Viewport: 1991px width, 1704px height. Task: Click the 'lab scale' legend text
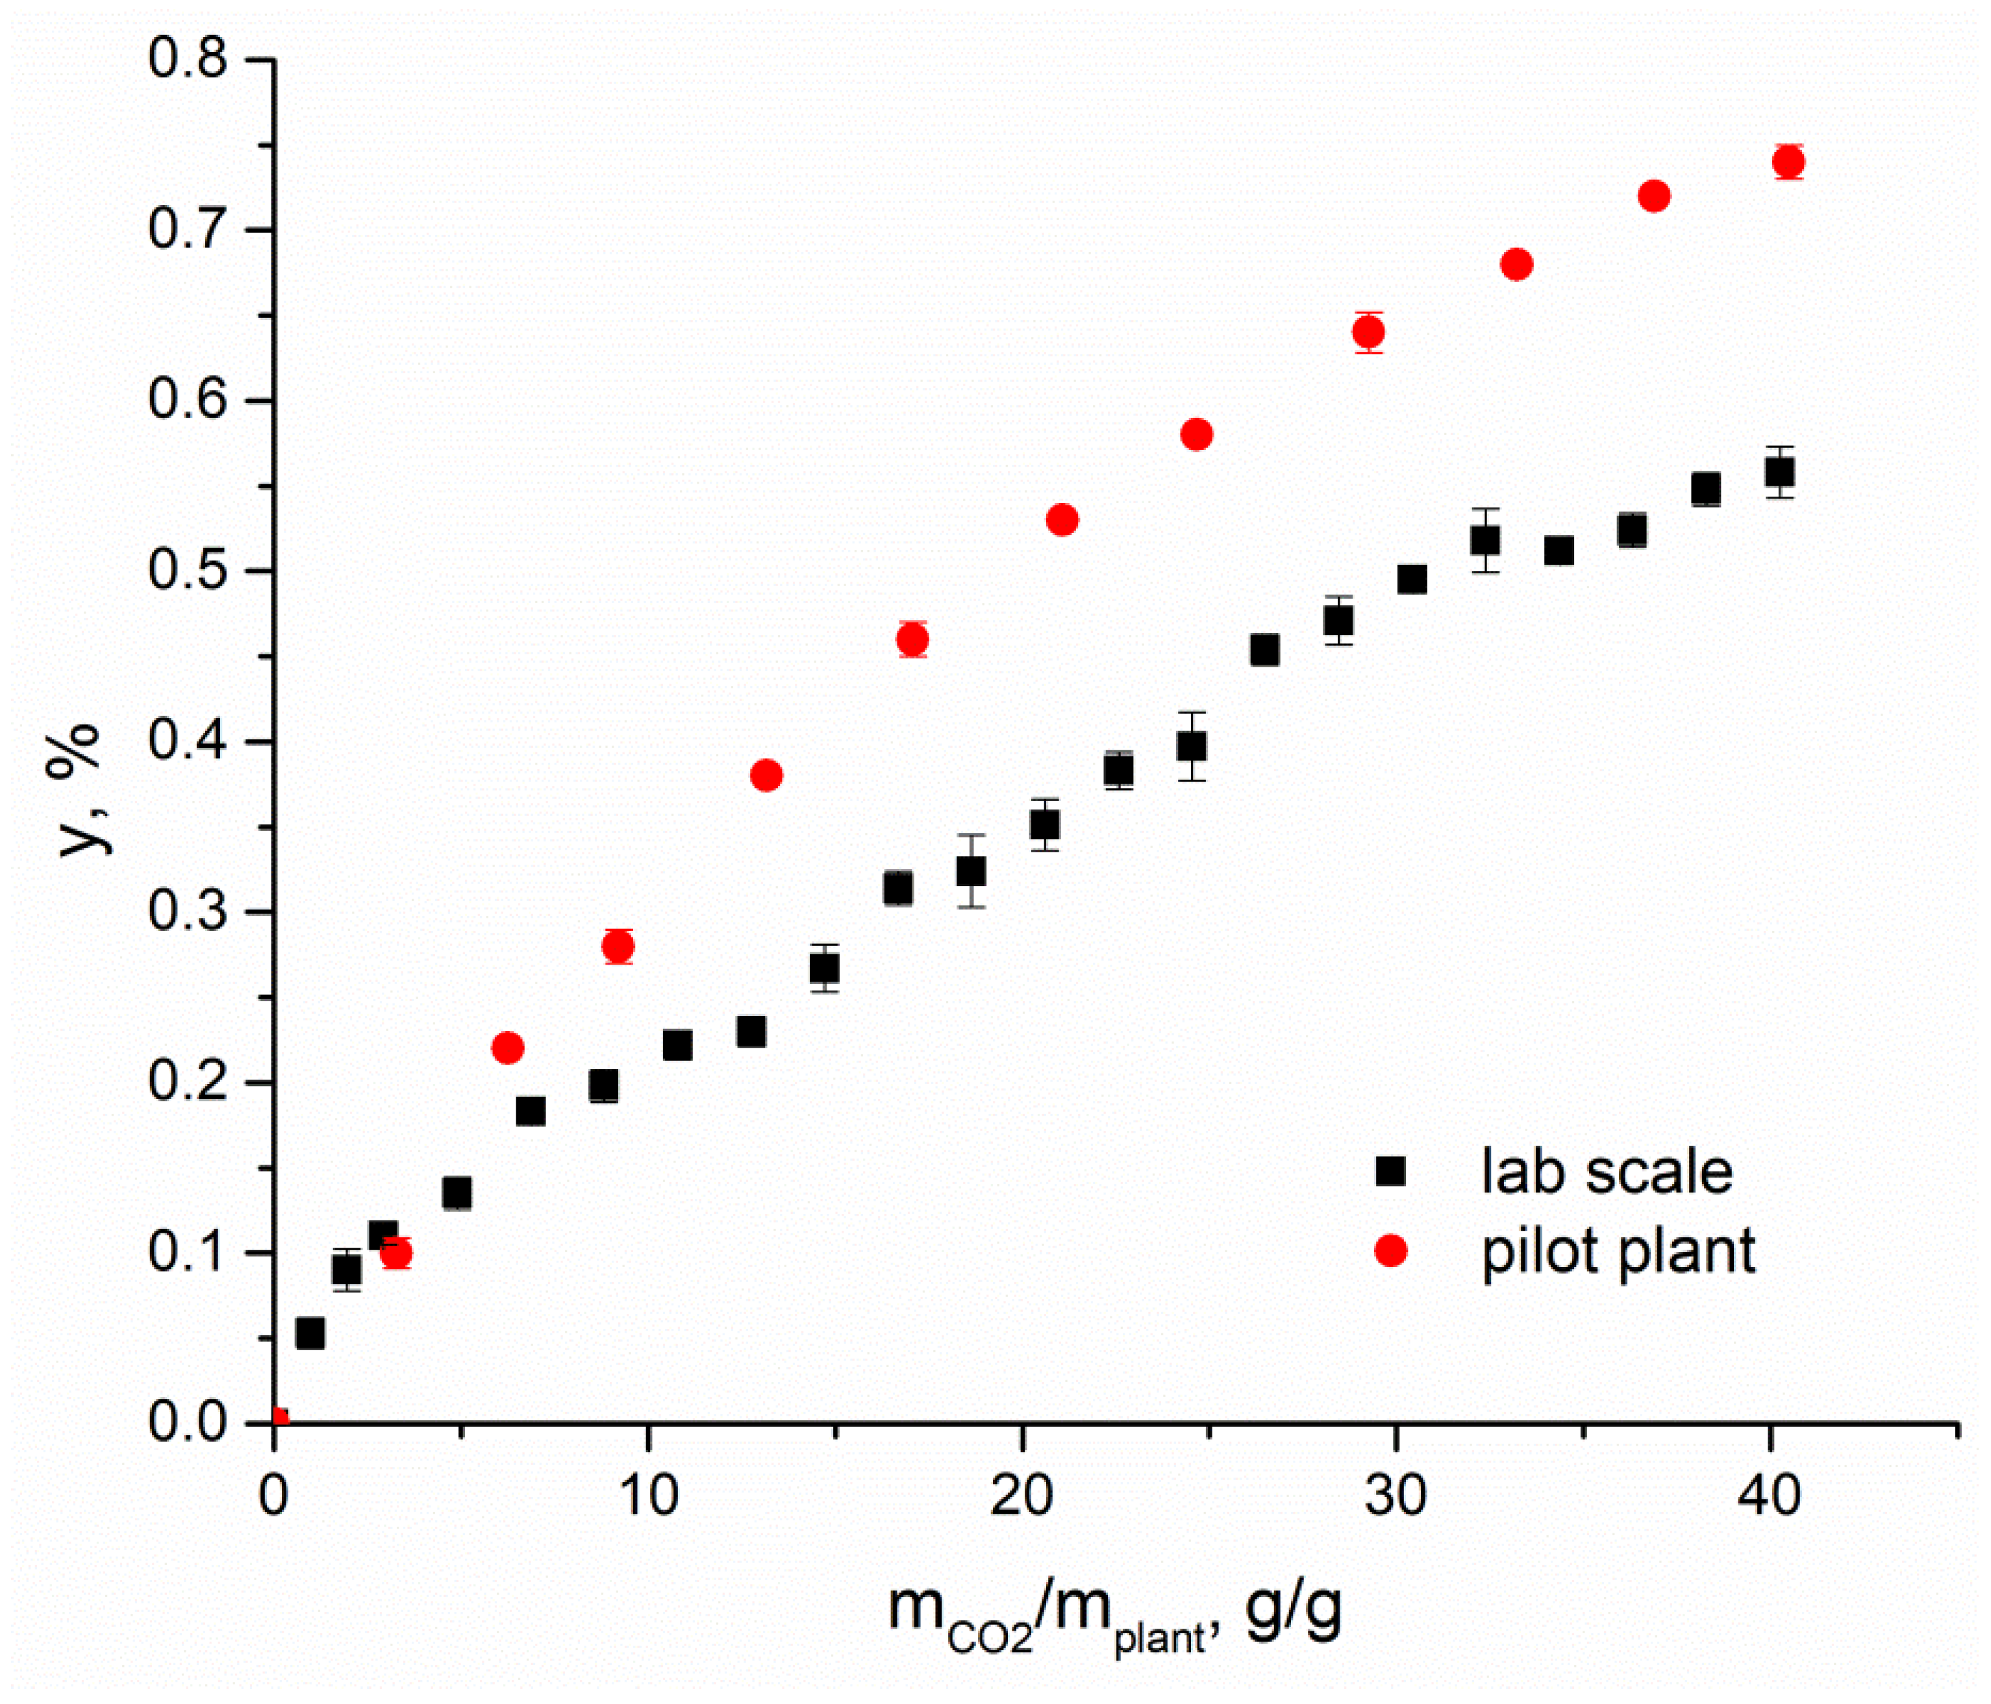(1607, 1172)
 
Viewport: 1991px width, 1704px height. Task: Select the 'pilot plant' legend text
(1618, 1251)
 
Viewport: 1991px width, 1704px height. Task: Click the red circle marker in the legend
(1390, 1251)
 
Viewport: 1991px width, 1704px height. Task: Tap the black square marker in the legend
(1390, 1172)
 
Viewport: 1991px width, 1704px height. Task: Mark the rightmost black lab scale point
(1779, 473)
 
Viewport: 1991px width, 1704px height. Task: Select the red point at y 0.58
(1196, 434)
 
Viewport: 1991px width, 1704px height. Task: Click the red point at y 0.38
(766, 775)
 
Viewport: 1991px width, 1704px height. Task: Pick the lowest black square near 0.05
(309, 1333)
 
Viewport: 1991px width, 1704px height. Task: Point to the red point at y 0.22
(507, 1047)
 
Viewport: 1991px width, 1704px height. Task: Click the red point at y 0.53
(1062, 520)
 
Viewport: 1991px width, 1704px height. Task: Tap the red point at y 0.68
(1516, 264)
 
